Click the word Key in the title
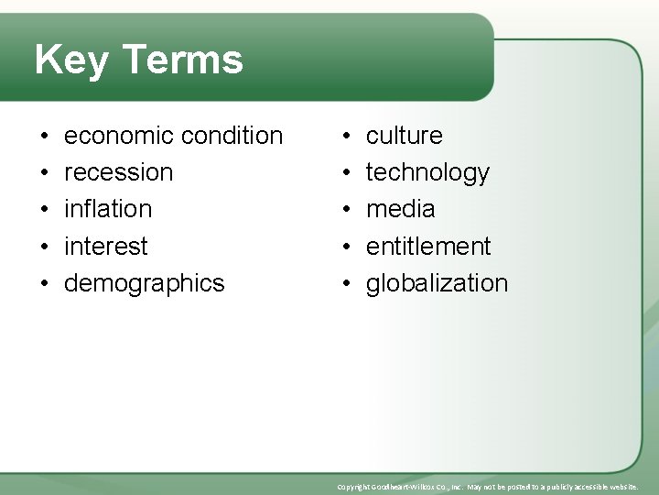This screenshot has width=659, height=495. (71, 60)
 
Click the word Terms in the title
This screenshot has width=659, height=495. (181, 60)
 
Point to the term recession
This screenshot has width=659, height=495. (118, 172)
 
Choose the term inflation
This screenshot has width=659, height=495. (108, 209)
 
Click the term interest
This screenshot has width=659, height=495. (105, 247)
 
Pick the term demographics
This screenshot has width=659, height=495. (144, 283)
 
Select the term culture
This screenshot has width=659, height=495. (404, 136)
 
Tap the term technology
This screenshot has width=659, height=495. (427, 173)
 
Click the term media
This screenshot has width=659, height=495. (400, 209)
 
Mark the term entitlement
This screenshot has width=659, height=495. (428, 247)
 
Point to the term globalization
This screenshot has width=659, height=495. (437, 283)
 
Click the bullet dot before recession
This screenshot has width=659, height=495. (45, 173)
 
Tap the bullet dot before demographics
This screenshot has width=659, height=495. (45, 284)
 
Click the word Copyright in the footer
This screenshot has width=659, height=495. (355, 487)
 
